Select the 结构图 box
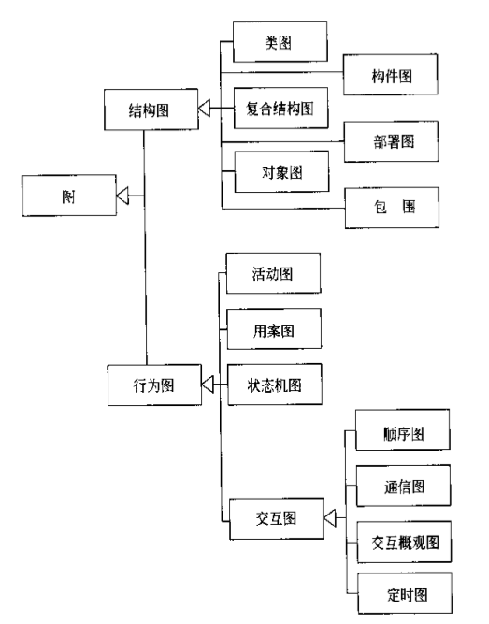(x=149, y=109)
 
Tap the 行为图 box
(x=149, y=382)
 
